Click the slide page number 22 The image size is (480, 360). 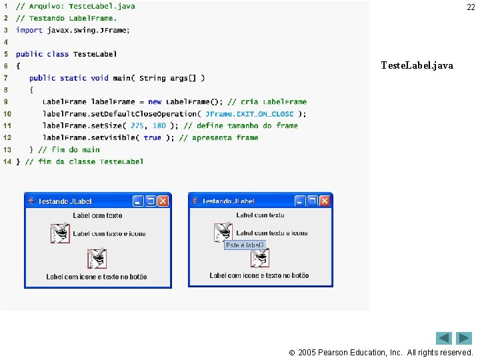click(470, 7)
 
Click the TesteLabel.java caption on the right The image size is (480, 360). click(417, 65)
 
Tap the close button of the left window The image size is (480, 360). click(162, 201)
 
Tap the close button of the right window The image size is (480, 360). click(325, 201)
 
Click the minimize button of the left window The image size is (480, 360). click(138, 201)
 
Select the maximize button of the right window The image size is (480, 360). click(313, 201)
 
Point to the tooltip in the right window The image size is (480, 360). click(245, 245)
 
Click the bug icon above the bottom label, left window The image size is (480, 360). click(97, 259)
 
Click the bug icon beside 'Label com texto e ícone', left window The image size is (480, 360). click(60, 233)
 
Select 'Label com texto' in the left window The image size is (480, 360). click(97, 215)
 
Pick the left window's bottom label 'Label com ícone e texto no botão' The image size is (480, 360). click(97, 277)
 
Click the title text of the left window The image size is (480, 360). click(65, 201)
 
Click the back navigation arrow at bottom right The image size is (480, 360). click(444, 338)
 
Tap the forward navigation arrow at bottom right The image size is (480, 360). click(464, 338)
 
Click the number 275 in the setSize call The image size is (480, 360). click(137, 125)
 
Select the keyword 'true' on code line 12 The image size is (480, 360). click(152, 137)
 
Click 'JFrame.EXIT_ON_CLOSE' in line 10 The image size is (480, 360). click(249, 113)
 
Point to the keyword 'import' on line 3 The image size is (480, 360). click(29, 30)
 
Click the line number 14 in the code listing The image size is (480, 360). click(7, 161)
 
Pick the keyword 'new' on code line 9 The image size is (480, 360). click(155, 101)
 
